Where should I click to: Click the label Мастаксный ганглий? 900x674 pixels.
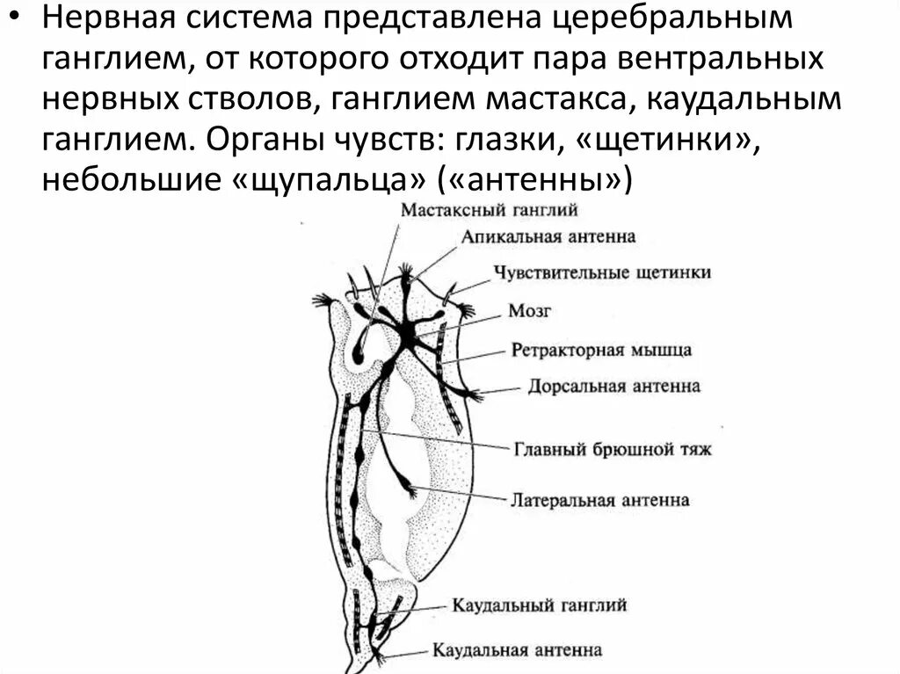pyautogui.click(x=488, y=211)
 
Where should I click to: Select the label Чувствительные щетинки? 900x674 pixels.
pyautogui.click(x=602, y=272)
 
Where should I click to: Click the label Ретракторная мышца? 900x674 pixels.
pyautogui.click(x=601, y=350)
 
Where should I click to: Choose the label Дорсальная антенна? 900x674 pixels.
pyautogui.click(x=614, y=387)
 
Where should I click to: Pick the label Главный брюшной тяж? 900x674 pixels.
pyautogui.click(x=613, y=449)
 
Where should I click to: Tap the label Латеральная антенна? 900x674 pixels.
pyautogui.click(x=599, y=500)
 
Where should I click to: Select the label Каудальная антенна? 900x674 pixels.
pyautogui.click(x=517, y=650)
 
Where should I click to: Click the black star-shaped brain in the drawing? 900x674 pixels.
pyautogui.click(x=408, y=331)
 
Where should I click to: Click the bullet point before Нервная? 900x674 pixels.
pyautogui.click(x=16, y=19)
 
